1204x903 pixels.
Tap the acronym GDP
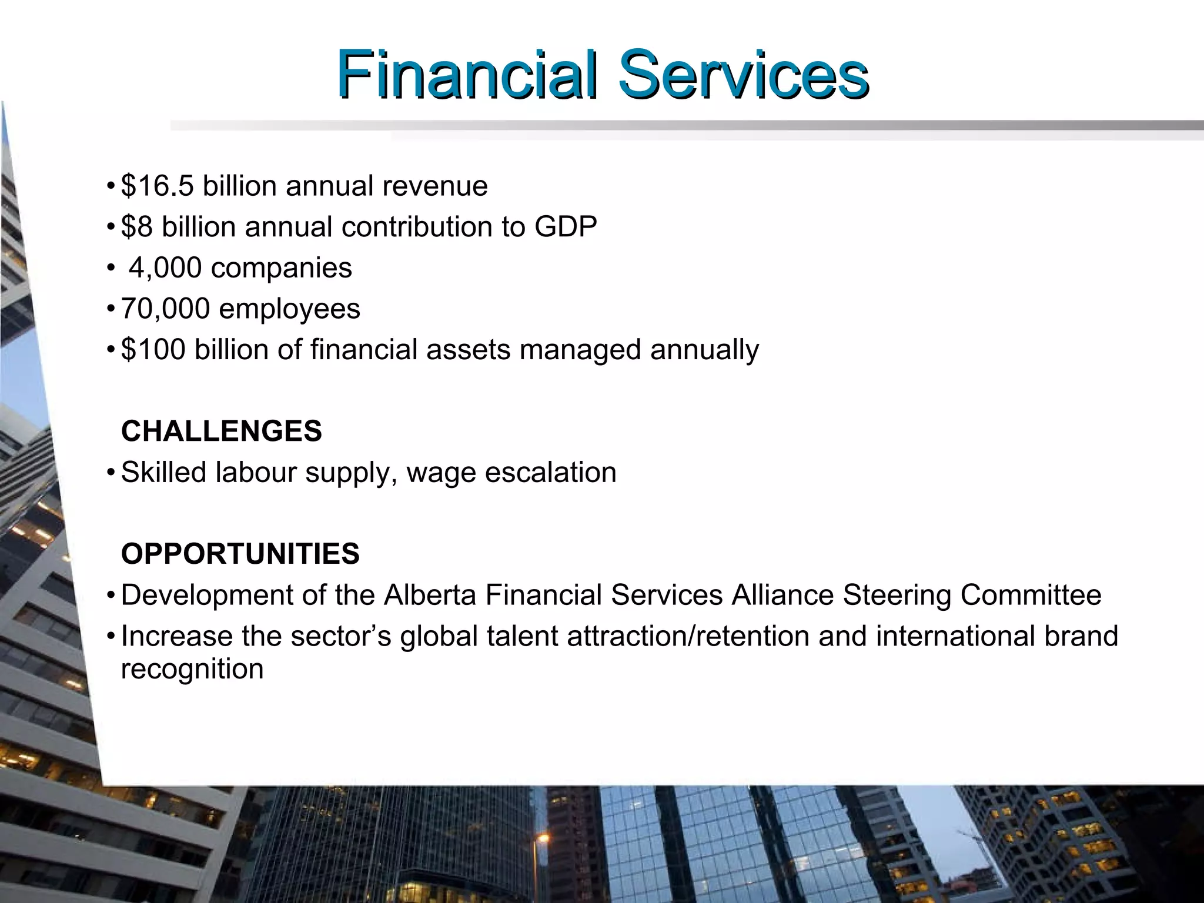click(x=566, y=227)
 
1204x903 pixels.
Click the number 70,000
click(x=165, y=309)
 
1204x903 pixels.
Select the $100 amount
click(x=153, y=350)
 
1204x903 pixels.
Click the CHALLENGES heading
click(x=221, y=431)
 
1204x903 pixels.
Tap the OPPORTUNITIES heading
click(x=240, y=554)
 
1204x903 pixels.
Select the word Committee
click(x=1031, y=595)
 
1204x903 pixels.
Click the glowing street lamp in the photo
click(x=543, y=838)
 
